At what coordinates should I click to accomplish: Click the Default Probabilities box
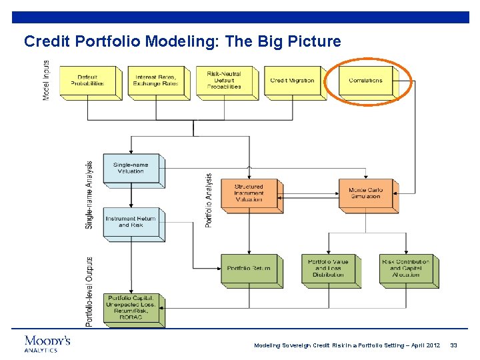87,81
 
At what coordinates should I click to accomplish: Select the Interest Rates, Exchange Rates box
155,81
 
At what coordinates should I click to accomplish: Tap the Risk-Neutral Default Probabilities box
224,81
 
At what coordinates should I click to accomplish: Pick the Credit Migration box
292,81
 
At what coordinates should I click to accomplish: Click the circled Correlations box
365,81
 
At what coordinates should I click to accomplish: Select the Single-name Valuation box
131,168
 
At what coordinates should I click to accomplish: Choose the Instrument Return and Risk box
131,222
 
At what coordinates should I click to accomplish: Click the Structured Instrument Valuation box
249,193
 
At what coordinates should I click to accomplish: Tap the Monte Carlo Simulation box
365,193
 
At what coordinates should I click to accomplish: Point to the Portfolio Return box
249,269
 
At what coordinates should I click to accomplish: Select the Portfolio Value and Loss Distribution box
328,269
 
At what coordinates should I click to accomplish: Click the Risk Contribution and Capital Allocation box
406,269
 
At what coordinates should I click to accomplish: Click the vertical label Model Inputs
46,81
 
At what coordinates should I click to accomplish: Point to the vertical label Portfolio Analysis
209,201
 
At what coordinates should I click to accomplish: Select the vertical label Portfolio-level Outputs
89,291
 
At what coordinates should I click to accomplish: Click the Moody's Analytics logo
47,343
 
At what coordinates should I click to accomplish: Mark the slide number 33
453,345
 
